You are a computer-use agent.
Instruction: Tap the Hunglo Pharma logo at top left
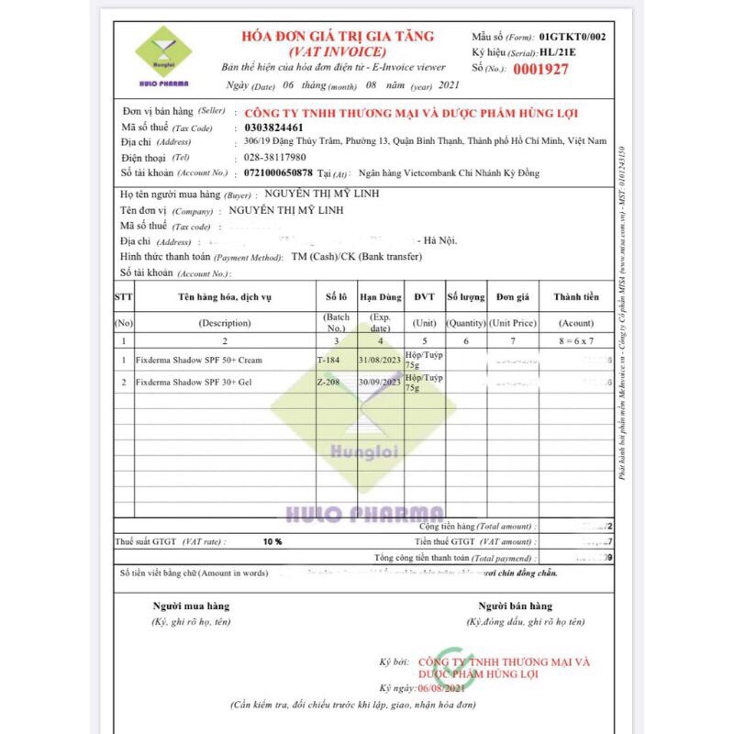pyautogui.click(x=163, y=55)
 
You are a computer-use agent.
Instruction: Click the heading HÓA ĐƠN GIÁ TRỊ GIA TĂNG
pyautogui.click(x=338, y=37)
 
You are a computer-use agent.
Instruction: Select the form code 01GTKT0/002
pyautogui.click(x=573, y=37)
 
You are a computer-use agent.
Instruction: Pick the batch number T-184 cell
pyautogui.click(x=328, y=361)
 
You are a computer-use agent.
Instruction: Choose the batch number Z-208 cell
pyautogui.click(x=328, y=381)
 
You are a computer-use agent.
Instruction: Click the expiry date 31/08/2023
pyautogui.click(x=378, y=360)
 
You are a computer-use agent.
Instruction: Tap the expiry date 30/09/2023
pyautogui.click(x=378, y=381)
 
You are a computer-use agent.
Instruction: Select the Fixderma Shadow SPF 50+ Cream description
pyautogui.click(x=198, y=361)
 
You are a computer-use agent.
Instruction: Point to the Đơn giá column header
pyautogui.click(x=511, y=296)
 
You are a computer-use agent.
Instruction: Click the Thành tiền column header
pyautogui.click(x=576, y=296)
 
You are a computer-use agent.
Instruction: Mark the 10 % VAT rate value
pyautogui.click(x=272, y=542)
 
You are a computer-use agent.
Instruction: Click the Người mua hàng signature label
pyautogui.click(x=191, y=606)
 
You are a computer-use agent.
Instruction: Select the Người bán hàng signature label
pyautogui.click(x=515, y=606)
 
